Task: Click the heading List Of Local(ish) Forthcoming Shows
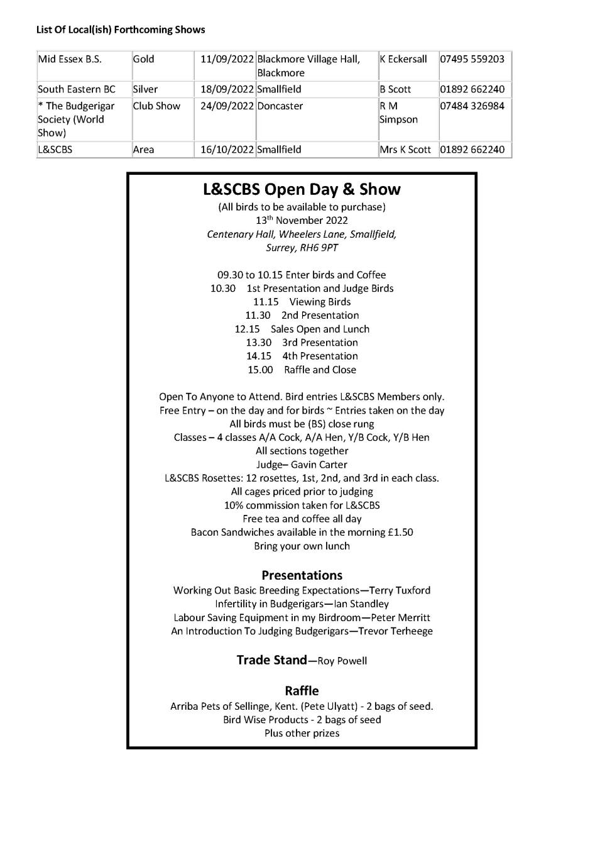121,30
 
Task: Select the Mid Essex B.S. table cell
70,59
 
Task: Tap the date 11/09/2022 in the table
227,59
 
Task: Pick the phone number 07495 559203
472,59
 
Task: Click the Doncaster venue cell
280,106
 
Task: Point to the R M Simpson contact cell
398,113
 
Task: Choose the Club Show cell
156,106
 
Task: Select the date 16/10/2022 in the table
227,150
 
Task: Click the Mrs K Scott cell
405,150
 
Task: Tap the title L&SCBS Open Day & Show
302,189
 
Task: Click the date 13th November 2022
302,220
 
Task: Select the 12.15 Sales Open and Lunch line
302,329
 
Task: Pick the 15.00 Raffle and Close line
302,370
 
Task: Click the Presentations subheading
302,575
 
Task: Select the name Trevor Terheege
395,631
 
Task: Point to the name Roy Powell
342,661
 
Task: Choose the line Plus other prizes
302,733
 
